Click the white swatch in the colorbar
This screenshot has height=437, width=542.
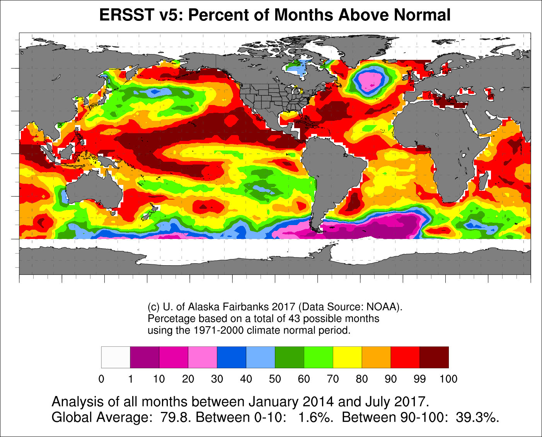pyautogui.click(x=116, y=357)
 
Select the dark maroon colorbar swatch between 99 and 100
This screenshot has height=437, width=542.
pyautogui.click(x=434, y=357)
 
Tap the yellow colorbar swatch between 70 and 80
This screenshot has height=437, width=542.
pyautogui.click(x=347, y=357)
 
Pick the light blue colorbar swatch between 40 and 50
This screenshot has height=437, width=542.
pyautogui.click(x=260, y=357)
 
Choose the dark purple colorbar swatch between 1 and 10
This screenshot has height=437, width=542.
pyautogui.click(x=145, y=357)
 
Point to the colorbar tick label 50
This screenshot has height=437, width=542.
pyautogui.click(x=275, y=379)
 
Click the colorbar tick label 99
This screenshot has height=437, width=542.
pyautogui.click(x=419, y=379)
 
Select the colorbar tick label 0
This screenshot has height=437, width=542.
pyautogui.click(x=101, y=379)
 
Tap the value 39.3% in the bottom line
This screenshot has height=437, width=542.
pyautogui.click(x=477, y=417)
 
